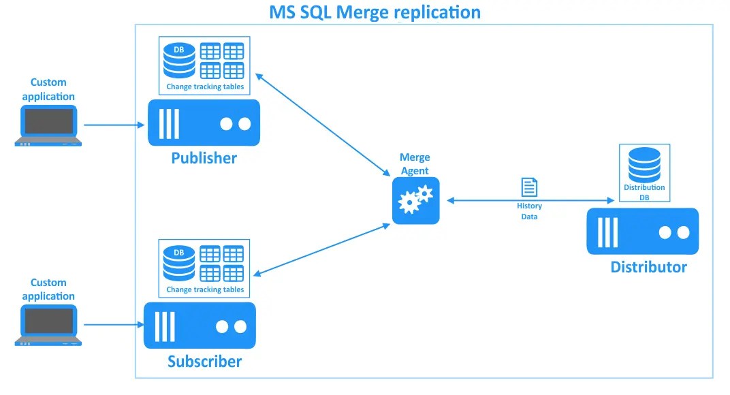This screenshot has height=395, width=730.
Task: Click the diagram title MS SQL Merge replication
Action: coord(375,12)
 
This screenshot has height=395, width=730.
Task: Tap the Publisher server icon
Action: coord(204,123)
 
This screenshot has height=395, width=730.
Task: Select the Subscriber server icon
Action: coord(200,326)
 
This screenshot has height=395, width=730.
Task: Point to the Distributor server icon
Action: coord(642,232)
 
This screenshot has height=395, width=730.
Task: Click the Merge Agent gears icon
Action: coord(415,200)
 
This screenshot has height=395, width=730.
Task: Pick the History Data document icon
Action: coord(529,187)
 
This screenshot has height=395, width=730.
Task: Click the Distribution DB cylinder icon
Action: coord(644,163)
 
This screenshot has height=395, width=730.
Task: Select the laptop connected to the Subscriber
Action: coord(48,326)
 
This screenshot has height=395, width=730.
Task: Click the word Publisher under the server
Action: coord(204,158)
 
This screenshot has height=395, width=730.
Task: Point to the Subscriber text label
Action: coord(204,361)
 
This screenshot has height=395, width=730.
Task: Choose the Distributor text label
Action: coord(648,267)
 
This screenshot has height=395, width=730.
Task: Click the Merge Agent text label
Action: coord(415,164)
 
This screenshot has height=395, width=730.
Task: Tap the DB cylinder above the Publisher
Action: coord(179,61)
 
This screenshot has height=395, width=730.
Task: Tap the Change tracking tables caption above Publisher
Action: coord(205,87)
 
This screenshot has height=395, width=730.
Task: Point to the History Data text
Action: coord(529,211)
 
